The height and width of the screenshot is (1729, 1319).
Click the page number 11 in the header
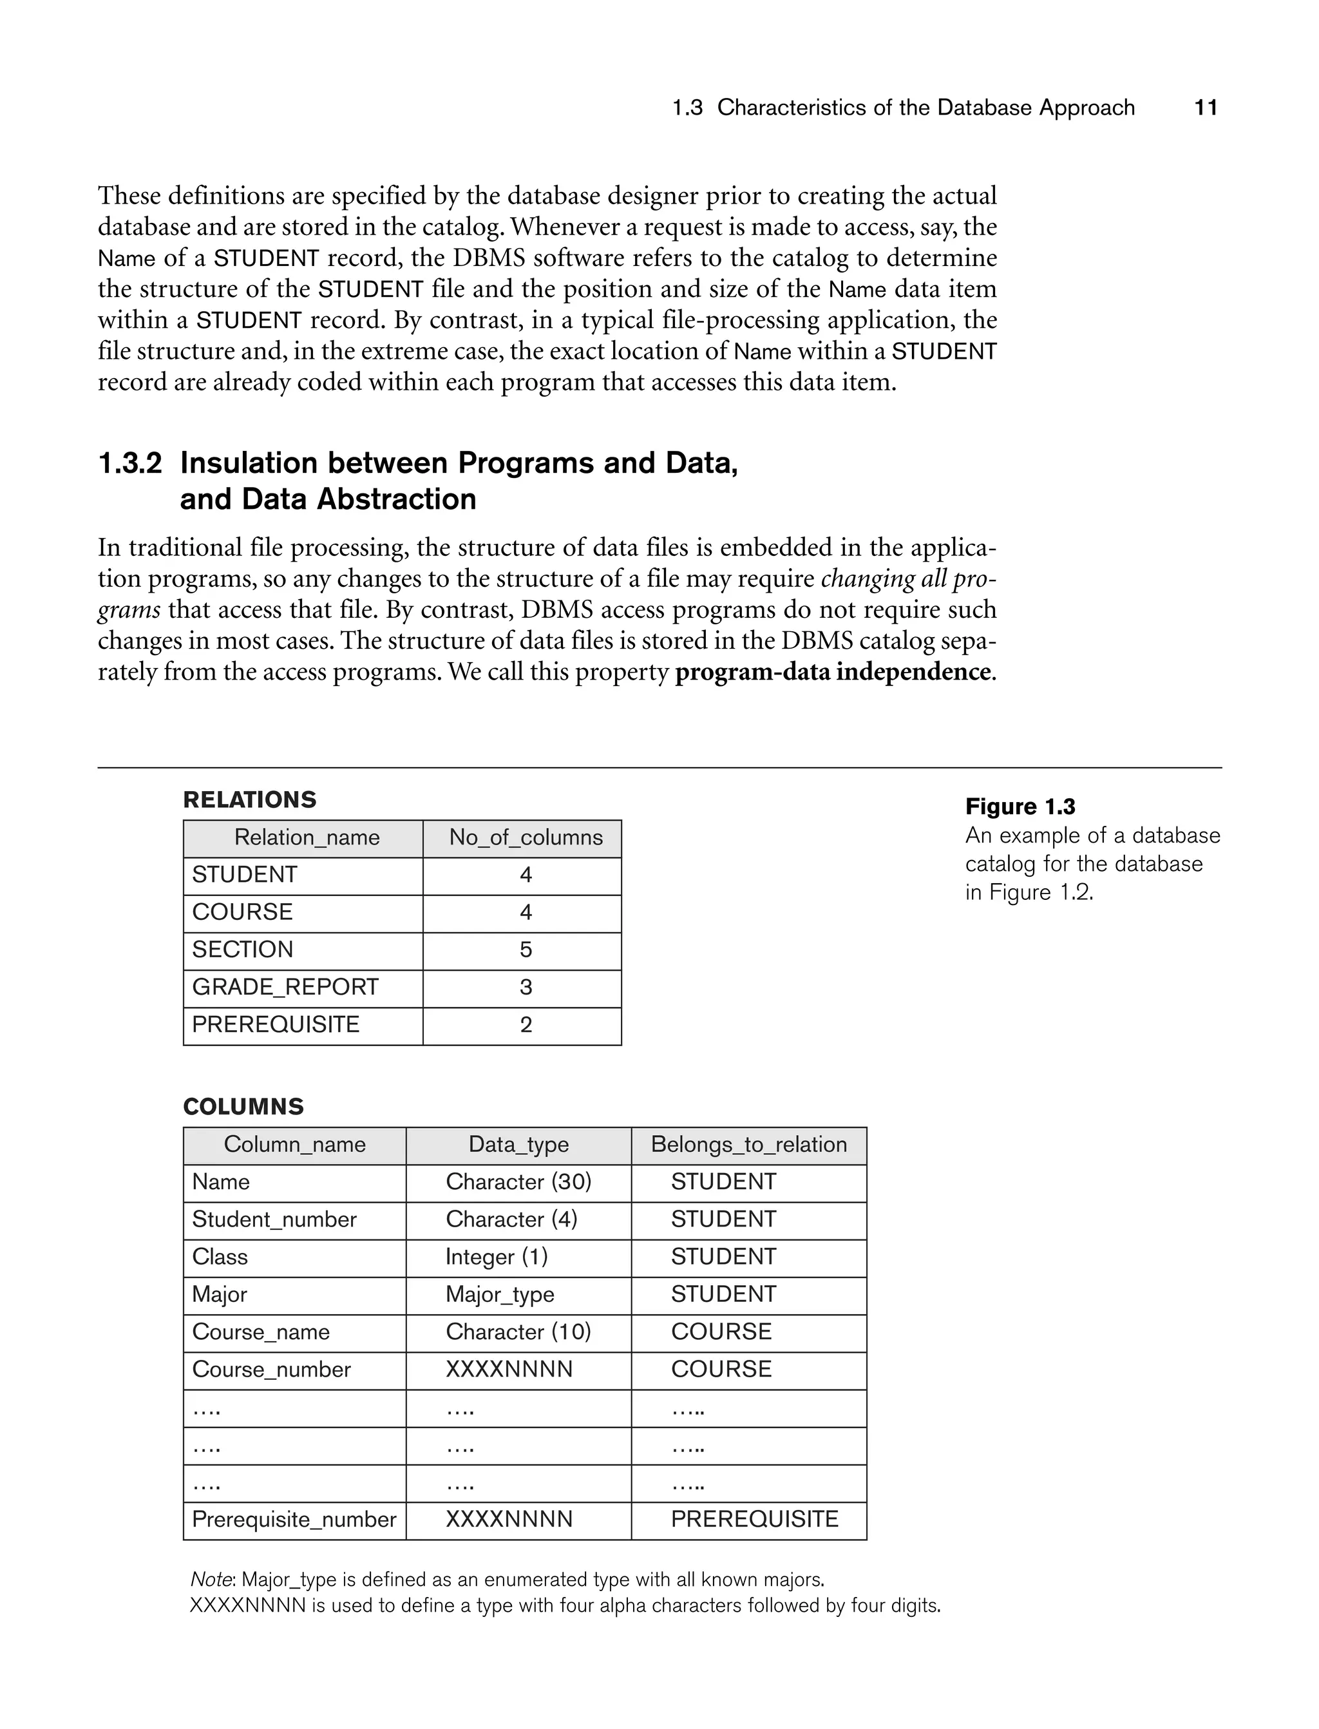pos(1205,108)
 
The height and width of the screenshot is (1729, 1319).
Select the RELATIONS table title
pos(250,799)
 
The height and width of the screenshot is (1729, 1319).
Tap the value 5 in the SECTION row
pos(526,950)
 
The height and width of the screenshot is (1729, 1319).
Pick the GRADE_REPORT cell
pos(285,987)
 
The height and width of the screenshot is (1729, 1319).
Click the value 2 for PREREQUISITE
pos(526,1025)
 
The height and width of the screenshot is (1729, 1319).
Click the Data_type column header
pos(518,1144)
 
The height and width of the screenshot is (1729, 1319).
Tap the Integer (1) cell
pos(496,1257)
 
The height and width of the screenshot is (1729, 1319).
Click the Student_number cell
pos(274,1219)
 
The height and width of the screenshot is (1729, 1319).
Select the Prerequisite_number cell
pos(294,1520)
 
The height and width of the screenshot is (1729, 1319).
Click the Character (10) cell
pos(518,1332)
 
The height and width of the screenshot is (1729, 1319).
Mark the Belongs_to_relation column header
pos(748,1144)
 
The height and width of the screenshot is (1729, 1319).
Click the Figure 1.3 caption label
pos(1020,807)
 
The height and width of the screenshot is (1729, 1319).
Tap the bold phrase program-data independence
pos(832,672)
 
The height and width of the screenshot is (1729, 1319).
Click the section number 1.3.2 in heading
pos(129,463)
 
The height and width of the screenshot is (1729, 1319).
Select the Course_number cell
pos(271,1370)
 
